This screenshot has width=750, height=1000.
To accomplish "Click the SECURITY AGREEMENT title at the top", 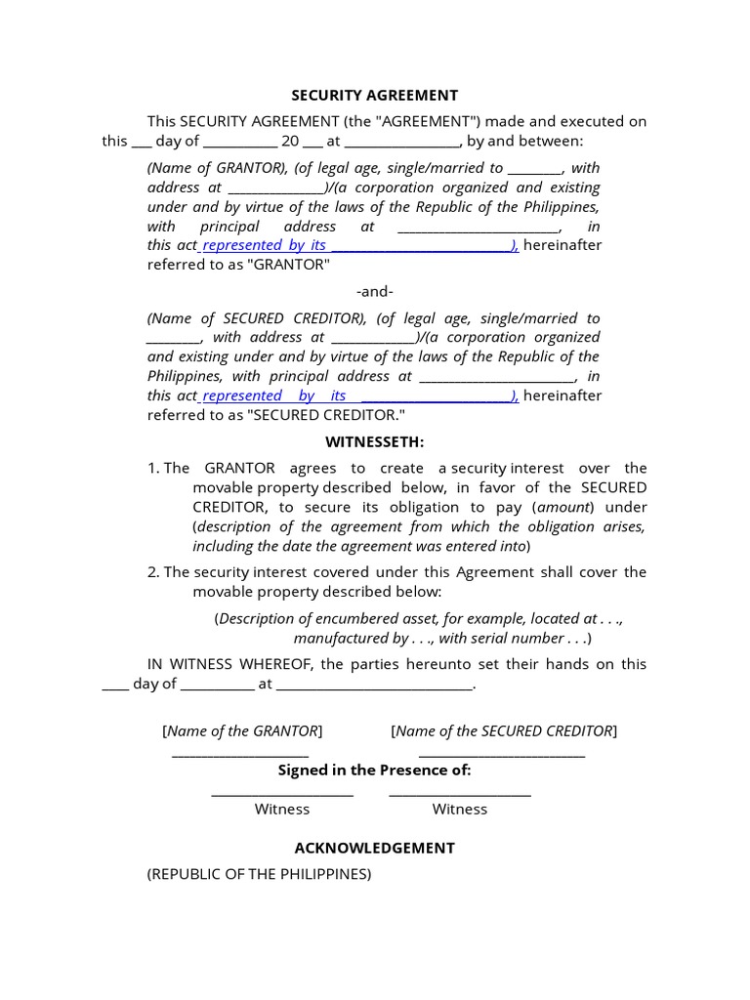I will click(x=375, y=96).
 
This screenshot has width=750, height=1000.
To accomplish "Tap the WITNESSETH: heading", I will click(x=375, y=442).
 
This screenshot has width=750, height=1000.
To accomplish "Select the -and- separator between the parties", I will click(x=375, y=292).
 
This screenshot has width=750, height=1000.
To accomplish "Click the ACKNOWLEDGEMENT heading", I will click(x=375, y=848).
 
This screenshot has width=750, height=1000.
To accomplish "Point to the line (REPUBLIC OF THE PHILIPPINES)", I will click(x=259, y=874).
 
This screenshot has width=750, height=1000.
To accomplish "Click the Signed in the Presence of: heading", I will click(x=375, y=770).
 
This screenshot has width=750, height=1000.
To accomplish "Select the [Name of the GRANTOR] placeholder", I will click(x=242, y=730).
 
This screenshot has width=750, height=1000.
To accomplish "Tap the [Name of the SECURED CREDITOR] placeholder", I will click(x=504, y=730).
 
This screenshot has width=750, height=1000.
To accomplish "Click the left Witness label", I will click(x=282, y=809).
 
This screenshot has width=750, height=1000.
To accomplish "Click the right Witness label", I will click(x=460, y=809).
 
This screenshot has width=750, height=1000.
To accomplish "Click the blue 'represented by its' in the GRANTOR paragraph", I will click(x=264, y=245).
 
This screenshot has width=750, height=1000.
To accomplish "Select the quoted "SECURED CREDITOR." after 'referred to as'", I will click(x=326, y=415).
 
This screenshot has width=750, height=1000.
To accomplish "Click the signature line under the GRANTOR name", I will click(x=241, y=753).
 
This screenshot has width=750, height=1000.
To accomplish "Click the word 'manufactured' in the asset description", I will click(x=337, y=638).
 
